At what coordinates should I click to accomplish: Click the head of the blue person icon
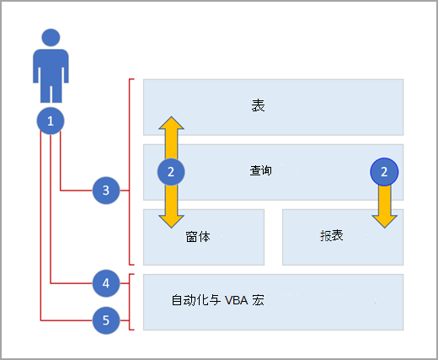point(51,37)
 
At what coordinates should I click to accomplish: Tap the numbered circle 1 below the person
point(51,121)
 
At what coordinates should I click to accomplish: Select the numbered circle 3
point(106,191)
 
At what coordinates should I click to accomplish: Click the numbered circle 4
point(106,283)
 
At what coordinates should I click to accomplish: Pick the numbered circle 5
point(106,320)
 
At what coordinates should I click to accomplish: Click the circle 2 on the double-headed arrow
point(171,172)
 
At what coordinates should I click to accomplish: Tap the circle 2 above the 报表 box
point(384,172)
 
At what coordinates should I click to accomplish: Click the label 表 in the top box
point(258,105)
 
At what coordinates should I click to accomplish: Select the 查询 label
point(261,170)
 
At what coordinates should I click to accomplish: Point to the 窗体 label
point(198,237)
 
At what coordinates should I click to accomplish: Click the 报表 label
point(332,235)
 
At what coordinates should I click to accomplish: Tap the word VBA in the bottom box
point(237,300)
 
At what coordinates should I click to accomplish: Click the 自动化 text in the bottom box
point(190,300)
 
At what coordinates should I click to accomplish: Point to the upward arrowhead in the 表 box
point(171,123)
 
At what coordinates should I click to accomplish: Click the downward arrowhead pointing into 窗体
point(171,222)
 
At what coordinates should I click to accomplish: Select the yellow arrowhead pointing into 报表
point(384,222)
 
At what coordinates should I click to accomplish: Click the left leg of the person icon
point(45,94)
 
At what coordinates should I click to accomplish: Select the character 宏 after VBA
point(258,300)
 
